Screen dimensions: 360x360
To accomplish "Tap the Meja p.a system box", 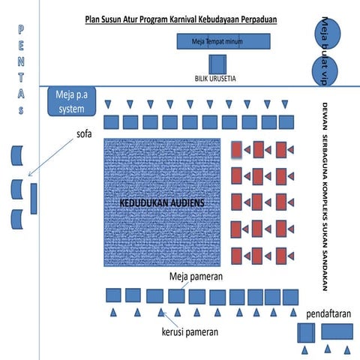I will [x=72, y=100].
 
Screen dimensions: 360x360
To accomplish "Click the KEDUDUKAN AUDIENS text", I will [x=163, y=203].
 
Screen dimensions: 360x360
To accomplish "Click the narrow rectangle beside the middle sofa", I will [x=34, y=196].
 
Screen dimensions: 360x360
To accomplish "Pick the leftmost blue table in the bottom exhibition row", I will [x=114, y=294].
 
